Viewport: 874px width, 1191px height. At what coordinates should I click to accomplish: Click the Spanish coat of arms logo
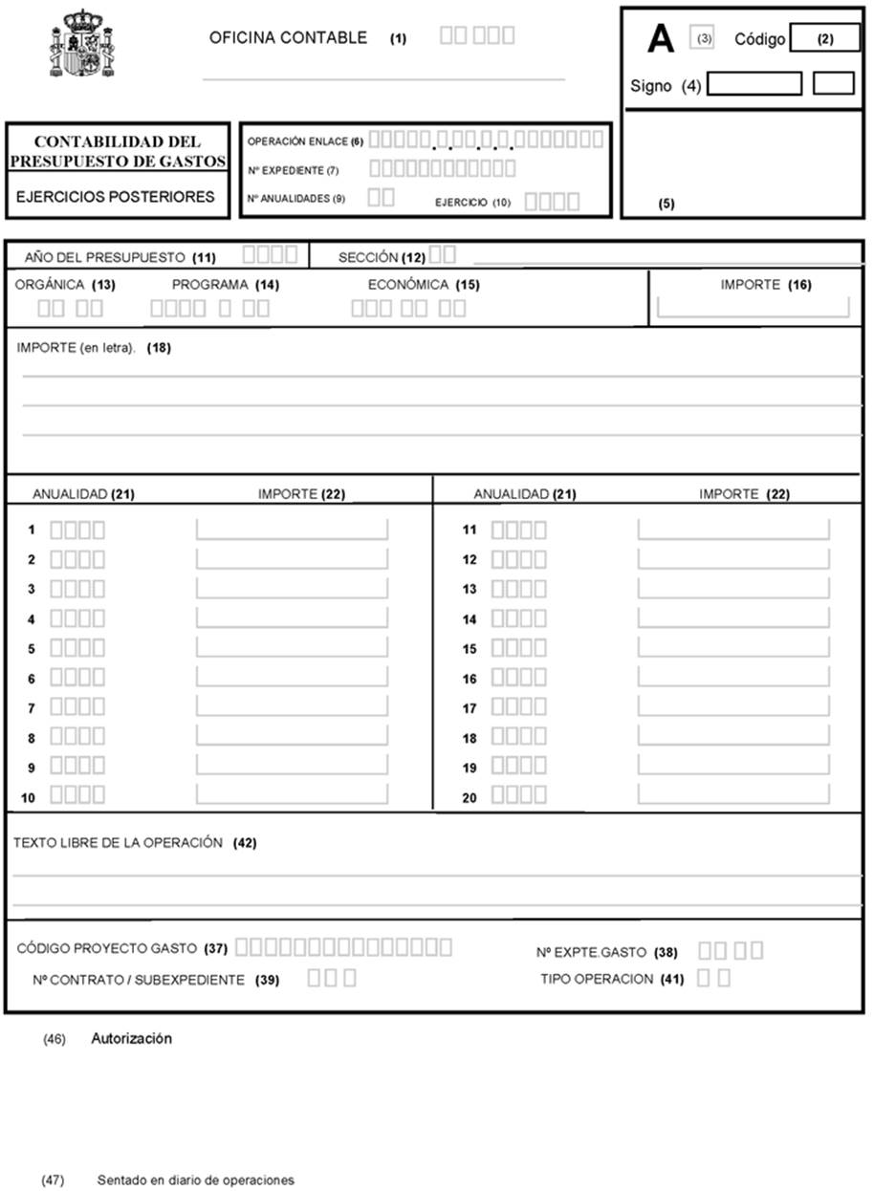click(82, 44)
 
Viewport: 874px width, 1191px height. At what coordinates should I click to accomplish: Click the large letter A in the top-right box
click(661, 39)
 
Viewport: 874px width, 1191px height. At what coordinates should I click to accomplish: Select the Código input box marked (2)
click(825, 39)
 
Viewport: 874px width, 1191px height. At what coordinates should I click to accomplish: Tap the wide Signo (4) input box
click(754, 84)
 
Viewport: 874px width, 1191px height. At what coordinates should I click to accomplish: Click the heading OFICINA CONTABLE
click(288, 38)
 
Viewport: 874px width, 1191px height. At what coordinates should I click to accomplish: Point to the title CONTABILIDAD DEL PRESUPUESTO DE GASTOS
click(118, 152)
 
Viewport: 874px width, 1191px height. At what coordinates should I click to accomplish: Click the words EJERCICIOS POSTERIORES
click(116, 198)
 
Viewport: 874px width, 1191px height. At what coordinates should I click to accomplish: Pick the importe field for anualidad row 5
click(292, 648)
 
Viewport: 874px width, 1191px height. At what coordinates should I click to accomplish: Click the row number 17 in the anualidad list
click(470, 708)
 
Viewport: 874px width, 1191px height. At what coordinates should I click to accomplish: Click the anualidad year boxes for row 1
click(77, 529)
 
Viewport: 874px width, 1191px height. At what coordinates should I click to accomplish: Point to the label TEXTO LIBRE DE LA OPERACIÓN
click(118, 843)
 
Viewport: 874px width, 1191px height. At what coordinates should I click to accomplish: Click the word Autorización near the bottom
click(131, 1038)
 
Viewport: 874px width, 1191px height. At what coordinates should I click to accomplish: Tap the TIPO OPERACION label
click(597, 979)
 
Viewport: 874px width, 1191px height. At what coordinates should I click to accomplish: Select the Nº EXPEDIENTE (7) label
click(286, 170)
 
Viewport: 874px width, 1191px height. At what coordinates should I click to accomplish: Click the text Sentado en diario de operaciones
click(195, 1180)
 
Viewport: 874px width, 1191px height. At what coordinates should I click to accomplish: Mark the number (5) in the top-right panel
click(666, 204)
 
